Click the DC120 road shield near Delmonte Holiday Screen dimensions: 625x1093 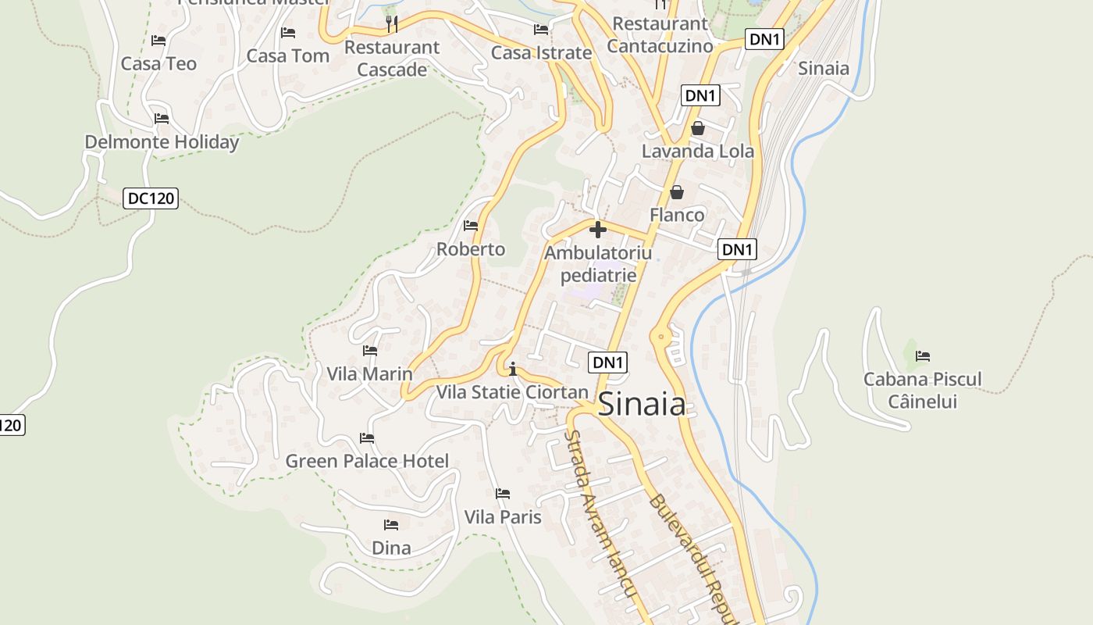pos(151,198)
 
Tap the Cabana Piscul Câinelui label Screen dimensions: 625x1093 pos(922,391)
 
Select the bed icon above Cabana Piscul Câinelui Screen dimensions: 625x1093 pos(923,356)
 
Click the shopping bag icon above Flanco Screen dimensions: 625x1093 pos(677,192)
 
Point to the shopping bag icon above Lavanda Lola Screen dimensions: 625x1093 pos(698,128)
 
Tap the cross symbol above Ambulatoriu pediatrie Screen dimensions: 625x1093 pos(598,230)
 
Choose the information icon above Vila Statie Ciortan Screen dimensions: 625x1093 pos(513,369)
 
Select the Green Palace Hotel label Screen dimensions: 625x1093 pos(367,461)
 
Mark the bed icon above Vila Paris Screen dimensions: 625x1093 pos(503,494)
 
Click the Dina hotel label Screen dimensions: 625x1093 pos(391,548)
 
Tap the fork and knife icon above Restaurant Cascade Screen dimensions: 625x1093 pos(392,24)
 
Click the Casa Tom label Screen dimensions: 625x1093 pos(288,56)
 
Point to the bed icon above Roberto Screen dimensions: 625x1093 pos(471,226)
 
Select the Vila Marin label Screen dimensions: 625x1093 pos(369,373)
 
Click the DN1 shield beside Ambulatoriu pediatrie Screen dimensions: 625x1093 pos(737,249)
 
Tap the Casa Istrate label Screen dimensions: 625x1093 pos(541,53)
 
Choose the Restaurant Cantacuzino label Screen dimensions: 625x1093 pos(660,34)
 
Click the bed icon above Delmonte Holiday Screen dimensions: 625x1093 pos(162,119)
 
